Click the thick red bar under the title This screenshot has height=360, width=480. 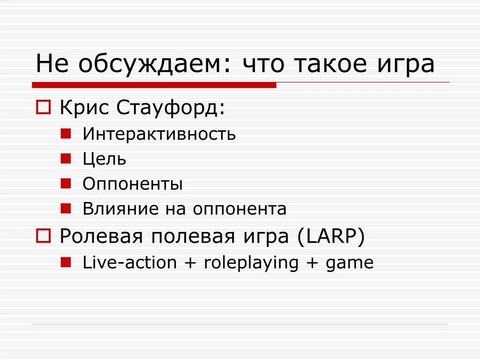(154, 85)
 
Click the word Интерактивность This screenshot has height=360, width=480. (159, 135)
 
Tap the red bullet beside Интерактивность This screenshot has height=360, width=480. (66, 134)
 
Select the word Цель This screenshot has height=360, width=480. (104, 159)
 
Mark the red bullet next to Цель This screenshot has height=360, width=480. (66, 158)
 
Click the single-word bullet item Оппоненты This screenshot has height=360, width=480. (133, 184)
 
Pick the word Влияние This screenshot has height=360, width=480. (120, 209)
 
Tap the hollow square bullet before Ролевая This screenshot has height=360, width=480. (43, 236)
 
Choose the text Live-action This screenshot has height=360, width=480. (129, 262)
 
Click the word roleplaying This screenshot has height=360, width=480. (251, 263)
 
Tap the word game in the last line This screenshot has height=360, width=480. (350, 263)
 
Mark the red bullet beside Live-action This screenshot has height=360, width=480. (66, 262)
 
